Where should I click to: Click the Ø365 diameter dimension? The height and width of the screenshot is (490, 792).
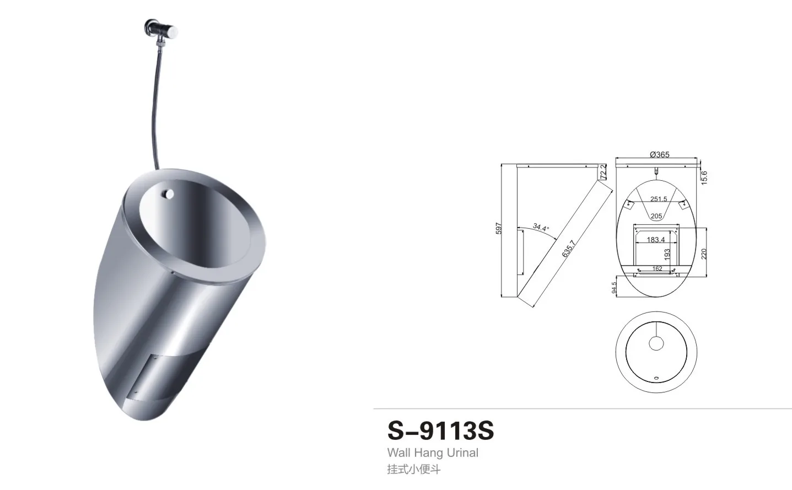(x=659, y=154)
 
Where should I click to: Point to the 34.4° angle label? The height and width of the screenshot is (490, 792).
(x=541, y=227)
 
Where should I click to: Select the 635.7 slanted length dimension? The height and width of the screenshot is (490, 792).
(x=568, y=249)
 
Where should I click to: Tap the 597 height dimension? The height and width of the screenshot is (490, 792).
(x=498, y=228)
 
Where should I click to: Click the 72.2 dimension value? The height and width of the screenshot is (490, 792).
(x=603, y=171)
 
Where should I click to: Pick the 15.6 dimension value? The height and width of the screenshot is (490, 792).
(x=704, y=177)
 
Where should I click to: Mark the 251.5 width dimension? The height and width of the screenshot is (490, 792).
(x=658, y=199)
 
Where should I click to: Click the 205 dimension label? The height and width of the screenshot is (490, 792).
(x=656, y=216)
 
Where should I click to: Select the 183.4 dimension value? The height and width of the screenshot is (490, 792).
(x=655, y=240)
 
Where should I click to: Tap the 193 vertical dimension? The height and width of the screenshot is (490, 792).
(x=667, y=255)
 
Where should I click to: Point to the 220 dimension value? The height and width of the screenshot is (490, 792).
(x=704, y=254)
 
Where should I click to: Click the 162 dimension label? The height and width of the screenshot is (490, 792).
(x=657, y=269)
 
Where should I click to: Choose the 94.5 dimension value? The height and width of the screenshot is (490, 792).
(x=615, y=288)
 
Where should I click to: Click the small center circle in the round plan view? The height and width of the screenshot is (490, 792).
(x=656, y=343)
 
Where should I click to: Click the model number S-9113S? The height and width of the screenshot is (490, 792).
(x=440, y=430)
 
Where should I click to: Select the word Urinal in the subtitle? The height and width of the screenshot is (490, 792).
(x=462, y=453)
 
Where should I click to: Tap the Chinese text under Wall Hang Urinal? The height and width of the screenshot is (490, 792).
(x=413, y=470)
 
